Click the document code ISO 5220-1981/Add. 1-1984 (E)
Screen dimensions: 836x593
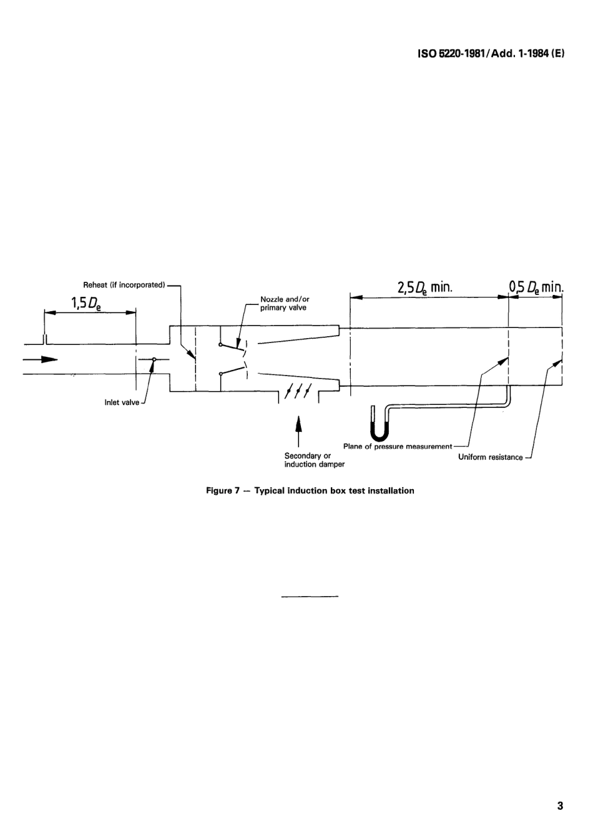(491, 54)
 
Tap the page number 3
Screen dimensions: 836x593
(560, 805)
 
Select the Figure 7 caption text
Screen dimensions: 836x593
(310, 490)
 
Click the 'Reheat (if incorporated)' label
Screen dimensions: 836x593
(124, 285)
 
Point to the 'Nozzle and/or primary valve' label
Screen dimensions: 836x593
(285, 304)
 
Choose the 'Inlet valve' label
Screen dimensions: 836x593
(122, 402)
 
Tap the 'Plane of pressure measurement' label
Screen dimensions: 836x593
(397, 447)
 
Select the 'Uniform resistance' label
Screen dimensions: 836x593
(490, 457)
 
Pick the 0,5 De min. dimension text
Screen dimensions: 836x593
(536, 287)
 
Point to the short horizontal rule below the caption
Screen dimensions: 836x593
(310, 597)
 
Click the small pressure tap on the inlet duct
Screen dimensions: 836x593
(44, 339)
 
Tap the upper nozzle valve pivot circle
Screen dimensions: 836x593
(220, 344)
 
